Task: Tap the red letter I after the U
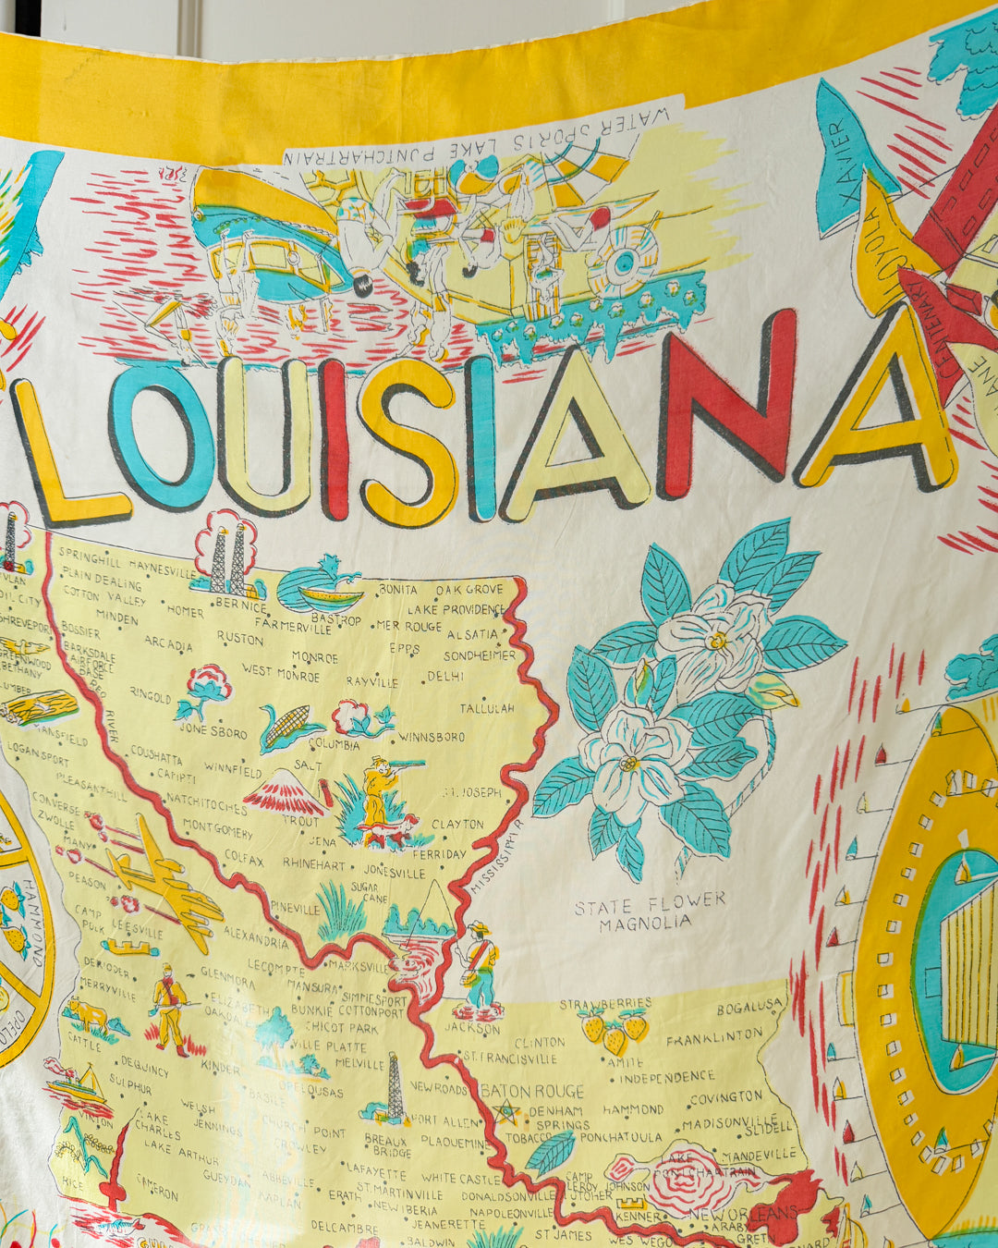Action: point(335,439)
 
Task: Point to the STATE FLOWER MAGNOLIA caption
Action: point(650,912)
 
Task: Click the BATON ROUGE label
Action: point(532,1092)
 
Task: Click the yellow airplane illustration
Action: point(162,878)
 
